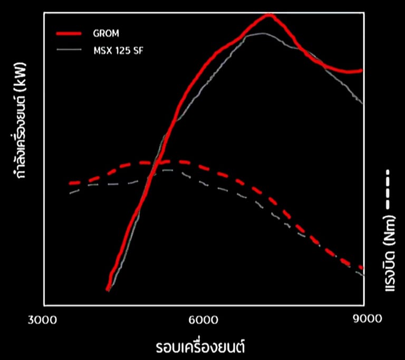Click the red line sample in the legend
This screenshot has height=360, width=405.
tap(69, 34)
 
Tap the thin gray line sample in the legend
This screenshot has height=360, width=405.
tap(69, 50)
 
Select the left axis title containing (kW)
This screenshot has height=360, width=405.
tap(23, 125)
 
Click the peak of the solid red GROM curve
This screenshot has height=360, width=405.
tap(269, 15)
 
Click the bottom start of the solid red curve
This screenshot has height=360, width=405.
tap(108, 289)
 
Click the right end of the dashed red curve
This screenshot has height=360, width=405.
tap(363, 268)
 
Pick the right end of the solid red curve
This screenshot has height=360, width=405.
tap(362, 70)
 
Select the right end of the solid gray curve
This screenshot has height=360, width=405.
tap(363, 103)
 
